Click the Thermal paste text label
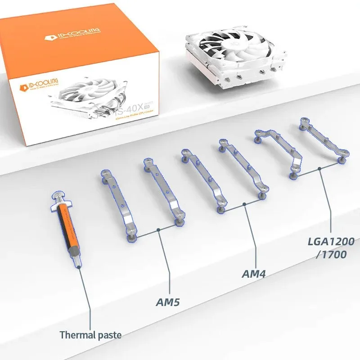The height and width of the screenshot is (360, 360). (90, 335)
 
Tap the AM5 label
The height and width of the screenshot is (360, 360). (168, 302)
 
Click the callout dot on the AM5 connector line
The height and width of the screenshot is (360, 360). (159, 230)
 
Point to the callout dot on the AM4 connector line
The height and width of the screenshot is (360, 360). (244, 204)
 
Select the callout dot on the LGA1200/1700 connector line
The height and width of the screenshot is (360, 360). (319, 169)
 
